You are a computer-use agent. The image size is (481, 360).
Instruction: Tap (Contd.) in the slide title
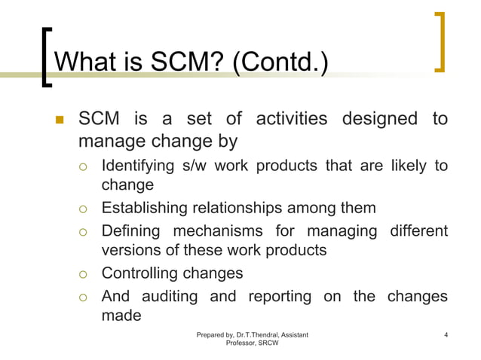(x=280, y=63)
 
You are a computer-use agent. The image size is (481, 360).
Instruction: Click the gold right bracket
(x=440, y=42)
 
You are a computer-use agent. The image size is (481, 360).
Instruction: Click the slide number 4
(x=446, y=334)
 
